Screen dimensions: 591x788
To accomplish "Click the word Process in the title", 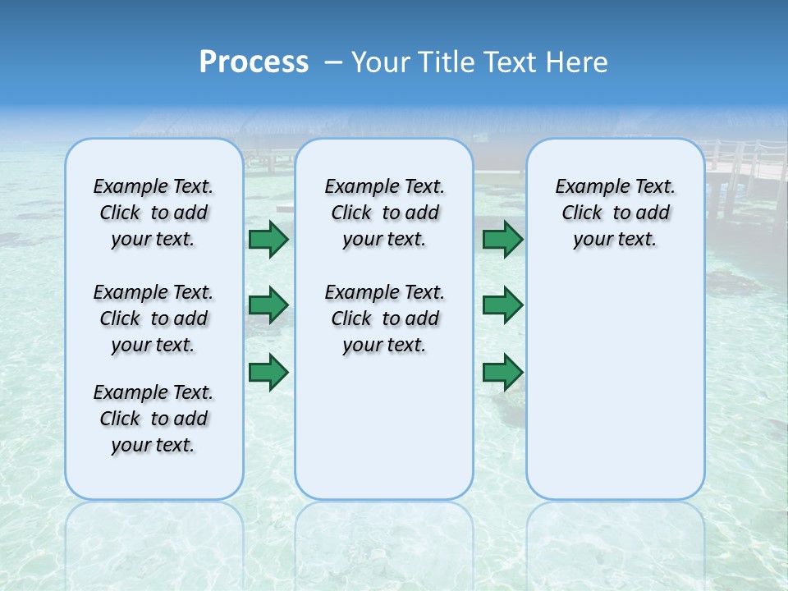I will pyautogui.click(x=254, y=62).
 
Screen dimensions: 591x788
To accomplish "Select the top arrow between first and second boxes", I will pyautogui.click(x=268, y=239).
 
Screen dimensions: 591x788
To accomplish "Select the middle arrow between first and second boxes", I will pyautogui.click(x=268, y=305).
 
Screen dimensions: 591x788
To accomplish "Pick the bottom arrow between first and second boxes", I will pyautogui.click(x=268, y=372).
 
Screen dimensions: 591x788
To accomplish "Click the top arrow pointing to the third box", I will pyautogui.click(x=502, y=239).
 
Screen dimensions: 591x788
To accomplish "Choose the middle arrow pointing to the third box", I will pyautogui.click(x=502, y=305).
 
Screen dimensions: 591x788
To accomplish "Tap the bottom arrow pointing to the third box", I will pyautogui.click(x=502, y=372).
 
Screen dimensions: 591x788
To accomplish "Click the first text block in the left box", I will pyautogui.click(x=153, y=213).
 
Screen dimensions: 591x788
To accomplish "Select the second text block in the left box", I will pyautogui.click(x=153, y=318).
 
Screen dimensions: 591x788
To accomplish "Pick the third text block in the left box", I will pyautogui.click(x=153, y=419).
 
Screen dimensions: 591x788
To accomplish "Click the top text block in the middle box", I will pyautogui.click(x=384, y=213).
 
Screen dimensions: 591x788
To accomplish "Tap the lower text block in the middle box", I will pyautogui.click(x=384, y=318).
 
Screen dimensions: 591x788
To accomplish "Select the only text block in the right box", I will pyautogui.click(x=616, y=213).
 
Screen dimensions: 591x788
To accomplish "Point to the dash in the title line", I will pyautogui.click(x=333, y=62).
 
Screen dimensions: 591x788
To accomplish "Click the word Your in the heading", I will pyautogui.click(x=381, y=62).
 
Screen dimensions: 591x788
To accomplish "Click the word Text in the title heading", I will pyautogui.click(x=510, y=62).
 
